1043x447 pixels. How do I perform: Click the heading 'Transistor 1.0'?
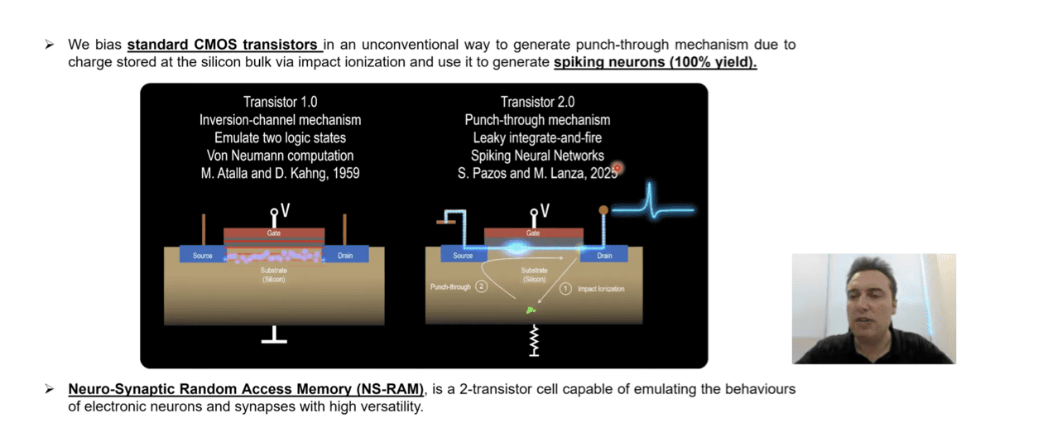coord(280,102)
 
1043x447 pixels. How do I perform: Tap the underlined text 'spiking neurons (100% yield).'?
coord(655,62)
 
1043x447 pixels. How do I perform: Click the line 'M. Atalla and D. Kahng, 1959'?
coord(280,173)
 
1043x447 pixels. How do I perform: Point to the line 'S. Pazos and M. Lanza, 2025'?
coord(535,173)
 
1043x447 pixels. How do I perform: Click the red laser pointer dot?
coord(617,168)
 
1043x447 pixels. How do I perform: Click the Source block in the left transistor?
coord(203,256)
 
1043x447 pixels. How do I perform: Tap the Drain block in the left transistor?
coord(345,256)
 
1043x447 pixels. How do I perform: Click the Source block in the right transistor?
coord(463,256)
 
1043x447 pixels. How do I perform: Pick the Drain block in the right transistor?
coord(605,256)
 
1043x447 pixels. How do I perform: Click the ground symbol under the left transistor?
coord(274,335)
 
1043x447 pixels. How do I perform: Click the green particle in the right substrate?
coord(531,310)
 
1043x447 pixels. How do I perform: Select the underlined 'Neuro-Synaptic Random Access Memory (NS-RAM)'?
coord(246,389)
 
